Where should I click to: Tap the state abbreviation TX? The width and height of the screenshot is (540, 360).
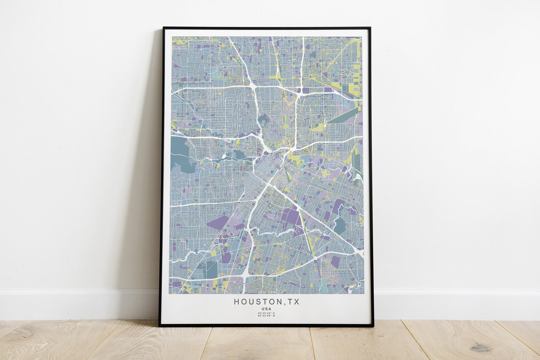[x=293, y=302]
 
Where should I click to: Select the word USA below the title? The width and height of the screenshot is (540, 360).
[x=266, y=309]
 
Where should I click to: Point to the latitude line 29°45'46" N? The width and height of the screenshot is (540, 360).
[x=266, y=313]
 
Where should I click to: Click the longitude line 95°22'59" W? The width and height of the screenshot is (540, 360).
[x=266, y=316]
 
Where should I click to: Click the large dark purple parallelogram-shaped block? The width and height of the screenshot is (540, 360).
[x=217, y=223]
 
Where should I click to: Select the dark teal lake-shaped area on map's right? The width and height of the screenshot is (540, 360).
[x=340, y=225]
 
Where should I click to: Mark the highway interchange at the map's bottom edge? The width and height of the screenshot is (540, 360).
[x=245, y=274]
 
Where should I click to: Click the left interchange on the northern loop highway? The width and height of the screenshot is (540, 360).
[x=253, y=87]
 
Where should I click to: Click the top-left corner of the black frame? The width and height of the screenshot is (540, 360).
[x=164, y=28]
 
